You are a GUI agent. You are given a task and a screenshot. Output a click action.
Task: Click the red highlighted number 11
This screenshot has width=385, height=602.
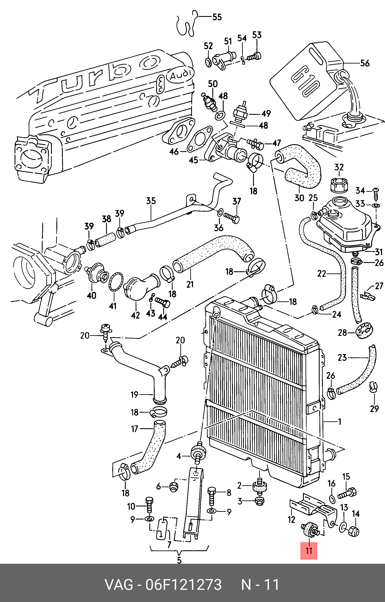click(x=309, y=551)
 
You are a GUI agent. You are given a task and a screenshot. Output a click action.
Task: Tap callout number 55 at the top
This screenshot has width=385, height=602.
click(x=217, y=17)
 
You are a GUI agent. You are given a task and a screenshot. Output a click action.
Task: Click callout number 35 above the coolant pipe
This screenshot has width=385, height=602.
click(x=151, y=201)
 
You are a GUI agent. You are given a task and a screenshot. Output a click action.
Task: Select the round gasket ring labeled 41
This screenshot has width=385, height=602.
click(x=116, y=282)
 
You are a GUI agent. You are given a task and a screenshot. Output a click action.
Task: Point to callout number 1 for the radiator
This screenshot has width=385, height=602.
click(x=339, y=422)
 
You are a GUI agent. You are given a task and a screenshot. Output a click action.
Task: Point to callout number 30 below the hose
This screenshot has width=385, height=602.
click(x=299, y=198)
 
